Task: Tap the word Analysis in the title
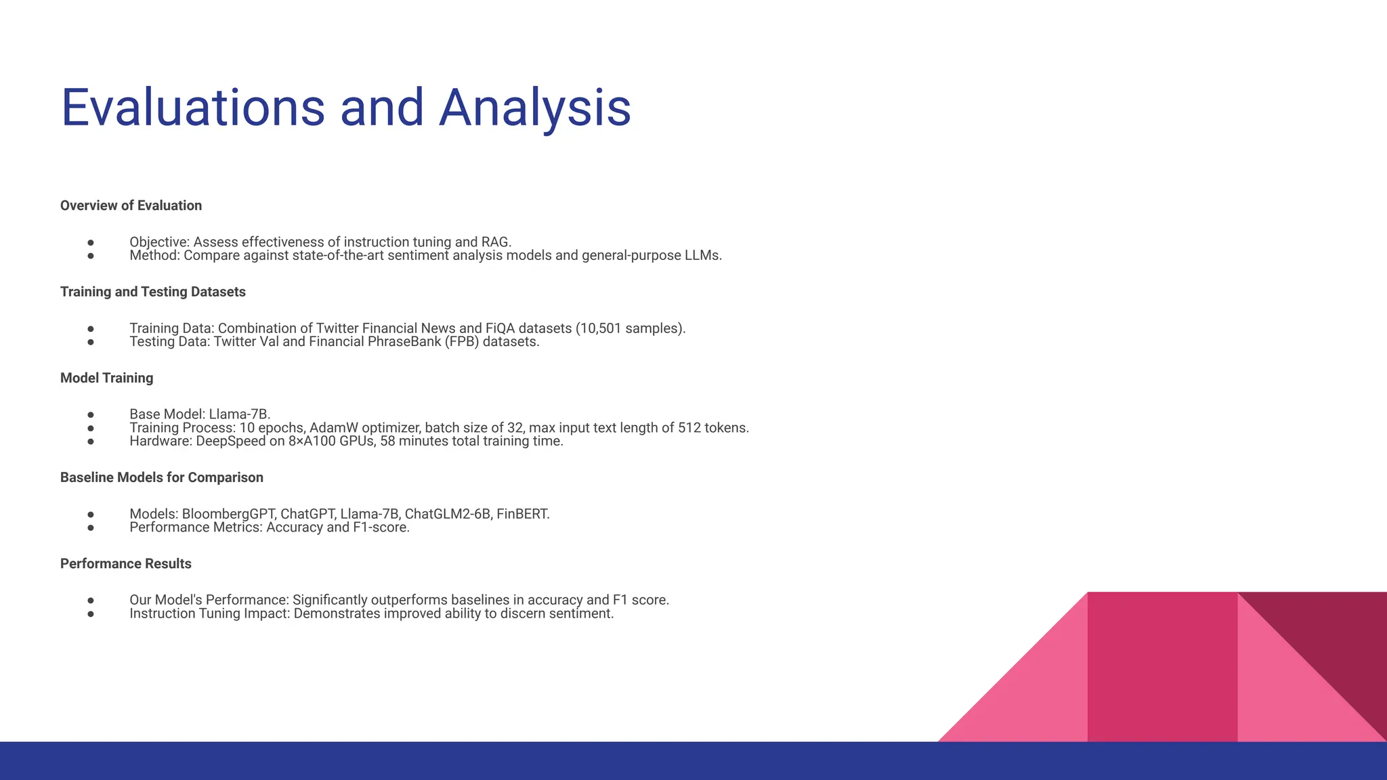pyautogui.click(x=535, y=108)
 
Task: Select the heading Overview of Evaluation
pyautogui.click(x=131, y=206)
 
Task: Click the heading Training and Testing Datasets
pyautogui.click(x=152, y=292)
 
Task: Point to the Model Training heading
pyautogui.click(x=106, y=378)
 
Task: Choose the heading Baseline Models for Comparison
pyautogui.click(x=161, y=477)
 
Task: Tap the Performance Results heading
pyautogui.click(x=125, y=564)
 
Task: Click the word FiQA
pyautogui.click(x=500, y=328)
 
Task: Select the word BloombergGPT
pyautogui.click(x=228, y=514)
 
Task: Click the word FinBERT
pyautogui.click(x=522, y=514)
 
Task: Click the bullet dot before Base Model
pyautogui.click(x=91, y=414)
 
